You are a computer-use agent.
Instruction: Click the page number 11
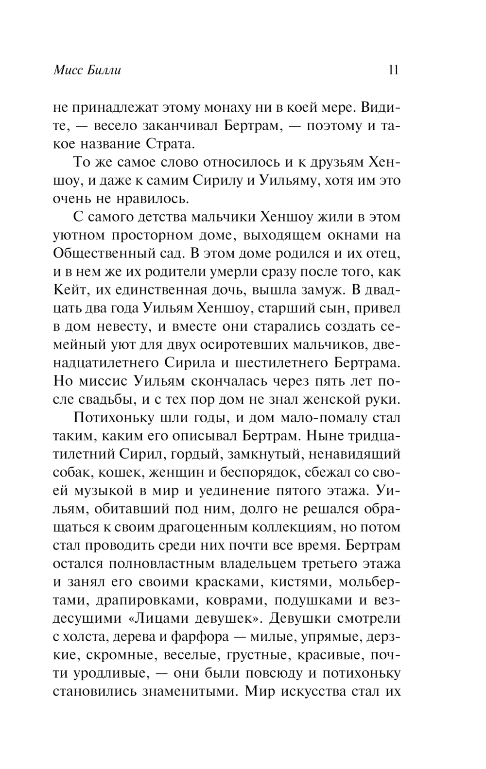pos(393,70)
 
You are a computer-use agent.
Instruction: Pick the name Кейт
pos(68,290)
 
